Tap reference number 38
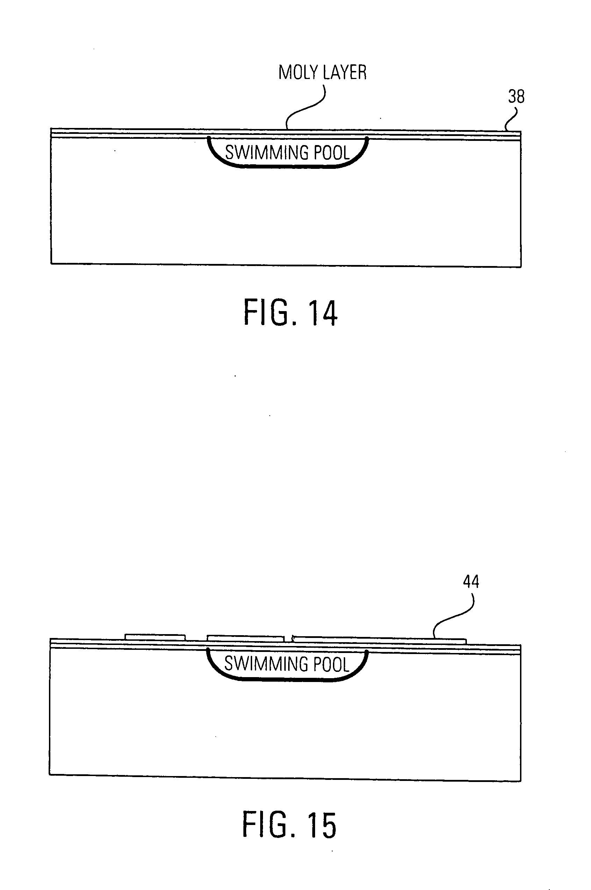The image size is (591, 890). (516, 96)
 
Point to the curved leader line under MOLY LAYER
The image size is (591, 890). (305, 107)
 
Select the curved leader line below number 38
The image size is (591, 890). (512, 120)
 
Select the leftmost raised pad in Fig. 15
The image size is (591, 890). (155, 637)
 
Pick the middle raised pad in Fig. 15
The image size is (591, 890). (245, 638)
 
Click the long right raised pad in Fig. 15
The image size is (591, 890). (379, 639)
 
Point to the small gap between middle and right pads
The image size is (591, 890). (289, 639)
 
